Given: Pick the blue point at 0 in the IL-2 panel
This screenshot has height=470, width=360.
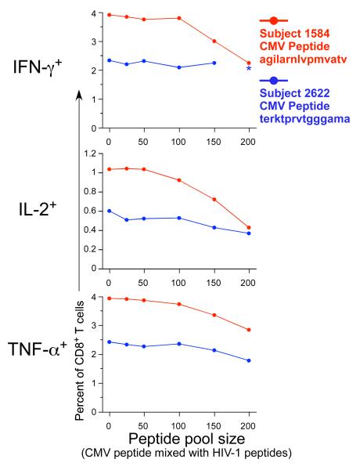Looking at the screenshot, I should [x=109, y=211].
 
